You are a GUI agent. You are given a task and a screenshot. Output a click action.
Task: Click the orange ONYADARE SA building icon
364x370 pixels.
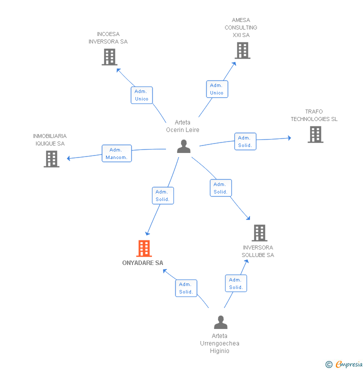143,248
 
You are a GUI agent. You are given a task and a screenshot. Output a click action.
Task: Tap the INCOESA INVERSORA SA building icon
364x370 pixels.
109,57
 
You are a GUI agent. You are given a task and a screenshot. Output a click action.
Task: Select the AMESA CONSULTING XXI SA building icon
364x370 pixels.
242,50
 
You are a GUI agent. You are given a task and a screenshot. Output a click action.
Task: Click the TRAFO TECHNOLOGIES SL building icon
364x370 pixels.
315,134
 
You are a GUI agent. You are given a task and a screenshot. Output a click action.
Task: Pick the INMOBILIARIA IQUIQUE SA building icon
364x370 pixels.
51,159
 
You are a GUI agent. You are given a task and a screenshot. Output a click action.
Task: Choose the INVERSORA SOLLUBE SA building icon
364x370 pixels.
259,233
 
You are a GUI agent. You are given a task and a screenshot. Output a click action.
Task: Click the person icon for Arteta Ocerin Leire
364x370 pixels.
184,146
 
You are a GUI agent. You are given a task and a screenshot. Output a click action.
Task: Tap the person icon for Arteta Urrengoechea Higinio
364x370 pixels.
220,322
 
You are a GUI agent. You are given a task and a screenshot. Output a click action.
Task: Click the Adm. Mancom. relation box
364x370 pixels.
116,153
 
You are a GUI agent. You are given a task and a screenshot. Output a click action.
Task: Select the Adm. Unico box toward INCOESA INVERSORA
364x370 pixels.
142,95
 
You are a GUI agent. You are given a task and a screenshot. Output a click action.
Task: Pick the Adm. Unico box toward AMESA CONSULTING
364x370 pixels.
216,89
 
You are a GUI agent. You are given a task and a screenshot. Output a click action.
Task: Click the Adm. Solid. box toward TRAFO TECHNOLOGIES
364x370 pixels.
245,141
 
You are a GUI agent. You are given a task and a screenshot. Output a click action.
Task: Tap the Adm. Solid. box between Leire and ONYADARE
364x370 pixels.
162,195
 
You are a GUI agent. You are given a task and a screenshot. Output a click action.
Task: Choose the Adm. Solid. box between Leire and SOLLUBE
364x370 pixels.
220,188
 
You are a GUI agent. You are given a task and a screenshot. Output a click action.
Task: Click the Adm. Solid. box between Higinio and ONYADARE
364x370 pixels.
186,288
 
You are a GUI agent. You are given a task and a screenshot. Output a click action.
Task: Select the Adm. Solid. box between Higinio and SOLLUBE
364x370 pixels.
236,283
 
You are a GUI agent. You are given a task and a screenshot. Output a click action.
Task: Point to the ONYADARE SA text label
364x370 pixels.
142,263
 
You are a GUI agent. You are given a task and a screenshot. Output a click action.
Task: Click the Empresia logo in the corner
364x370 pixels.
349,364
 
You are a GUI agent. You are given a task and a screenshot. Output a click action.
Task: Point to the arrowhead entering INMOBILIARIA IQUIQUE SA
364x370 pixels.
69,158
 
